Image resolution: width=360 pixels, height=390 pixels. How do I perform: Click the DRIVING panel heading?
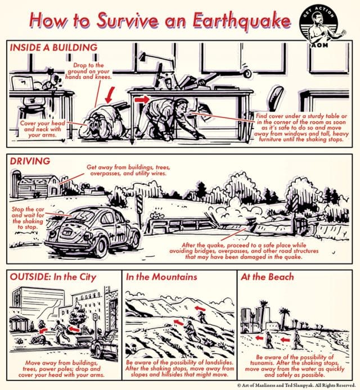(30, 161)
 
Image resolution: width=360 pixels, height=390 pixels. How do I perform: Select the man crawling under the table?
(172, 115)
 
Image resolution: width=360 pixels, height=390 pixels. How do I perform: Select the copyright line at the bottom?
(295, 385)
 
